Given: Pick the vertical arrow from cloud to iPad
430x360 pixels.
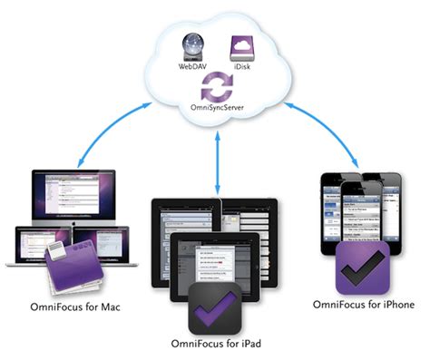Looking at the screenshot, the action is click(217, 164).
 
